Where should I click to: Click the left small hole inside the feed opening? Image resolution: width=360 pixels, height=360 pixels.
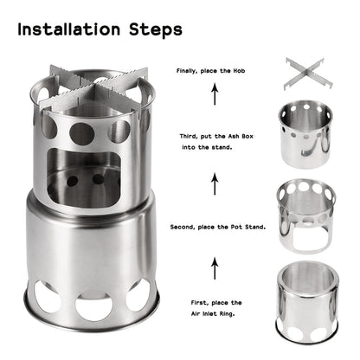click(x=74, y=181)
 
